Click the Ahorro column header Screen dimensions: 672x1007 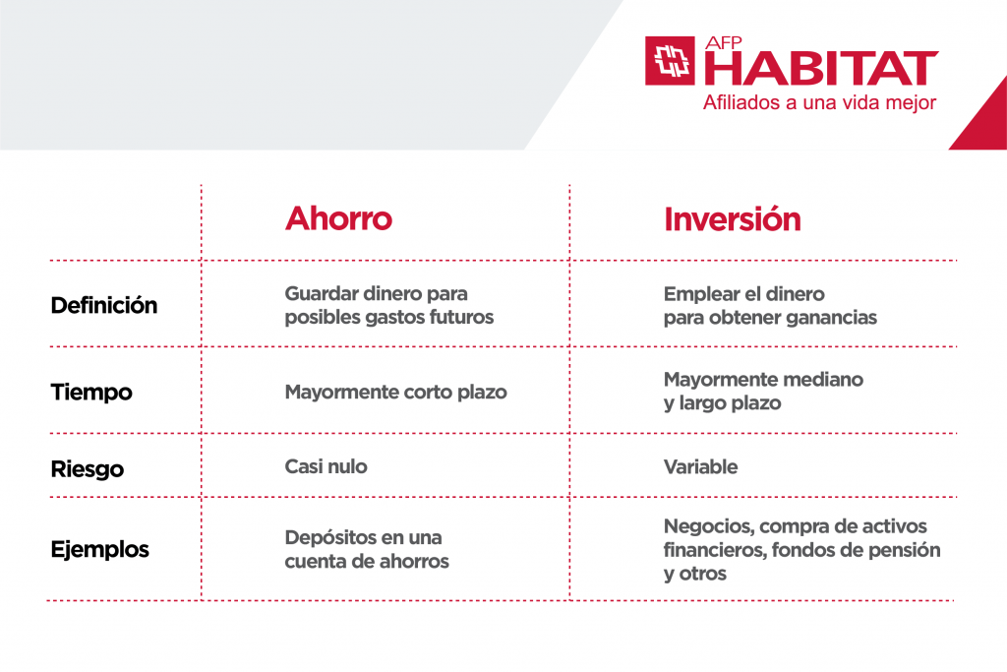(338, 218)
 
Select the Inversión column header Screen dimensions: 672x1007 (732, 218)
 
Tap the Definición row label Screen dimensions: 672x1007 (103, 305)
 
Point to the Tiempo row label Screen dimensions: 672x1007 (91, 392)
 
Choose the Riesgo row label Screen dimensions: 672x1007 (87, 468)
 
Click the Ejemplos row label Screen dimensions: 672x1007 (99, 549)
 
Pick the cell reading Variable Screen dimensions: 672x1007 (700, 466)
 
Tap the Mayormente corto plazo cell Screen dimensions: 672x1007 (395, 392)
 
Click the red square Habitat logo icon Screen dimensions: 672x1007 (671, 61)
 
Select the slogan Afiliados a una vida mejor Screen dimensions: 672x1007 (819, 102)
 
